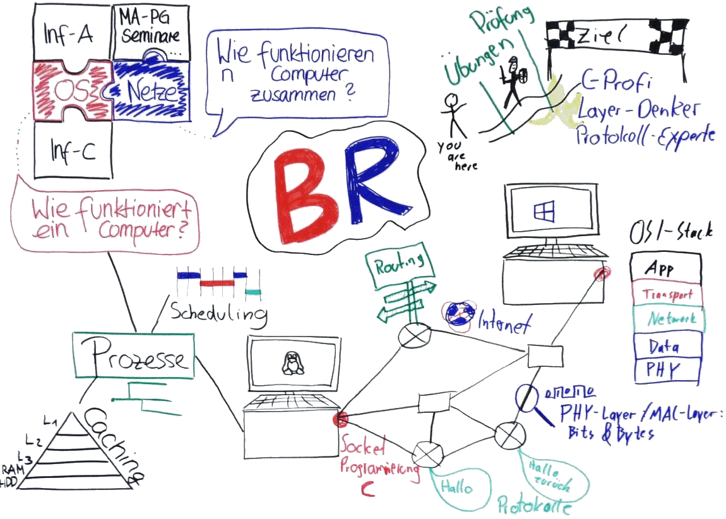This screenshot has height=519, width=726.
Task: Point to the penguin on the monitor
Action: click(291, 364)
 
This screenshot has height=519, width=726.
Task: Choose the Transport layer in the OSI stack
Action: click(666, 294)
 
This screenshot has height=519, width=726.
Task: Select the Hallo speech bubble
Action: click(457, 488)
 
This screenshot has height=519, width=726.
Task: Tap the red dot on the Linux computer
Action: click(342, 418)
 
